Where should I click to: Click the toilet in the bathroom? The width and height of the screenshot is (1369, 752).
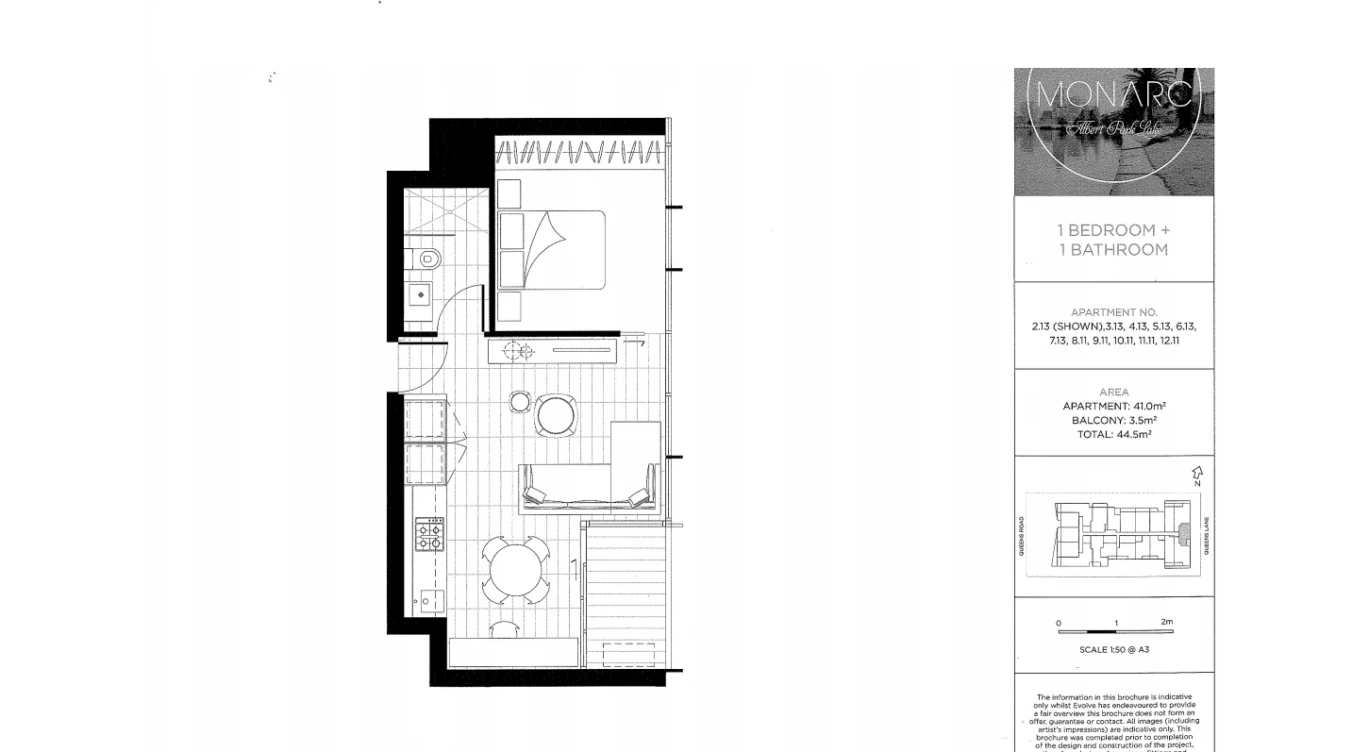tap(426, 258)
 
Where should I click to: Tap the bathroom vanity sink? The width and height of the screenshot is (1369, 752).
tap(421, 295)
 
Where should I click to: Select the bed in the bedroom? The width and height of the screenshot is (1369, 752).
tap(552, 249)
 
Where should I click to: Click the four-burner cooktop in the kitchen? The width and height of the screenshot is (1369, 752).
tap(429, 537)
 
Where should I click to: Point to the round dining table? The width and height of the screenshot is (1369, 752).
tap(512, 569)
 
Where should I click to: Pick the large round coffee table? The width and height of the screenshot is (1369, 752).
tap(555, 415)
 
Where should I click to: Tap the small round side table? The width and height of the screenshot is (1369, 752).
tap(520, 402)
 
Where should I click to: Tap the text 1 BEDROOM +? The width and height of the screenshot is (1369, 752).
tap(1112, 230)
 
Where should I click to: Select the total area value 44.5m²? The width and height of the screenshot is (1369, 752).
tap(1132, 435)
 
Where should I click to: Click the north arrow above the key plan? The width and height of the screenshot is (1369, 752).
tap(1197, 473)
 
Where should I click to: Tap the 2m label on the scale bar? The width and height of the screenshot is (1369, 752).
tap(1167, 622)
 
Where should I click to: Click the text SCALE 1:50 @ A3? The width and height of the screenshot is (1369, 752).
tap(1114, 650)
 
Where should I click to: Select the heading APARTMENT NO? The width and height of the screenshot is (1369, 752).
tap(1114, 312)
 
